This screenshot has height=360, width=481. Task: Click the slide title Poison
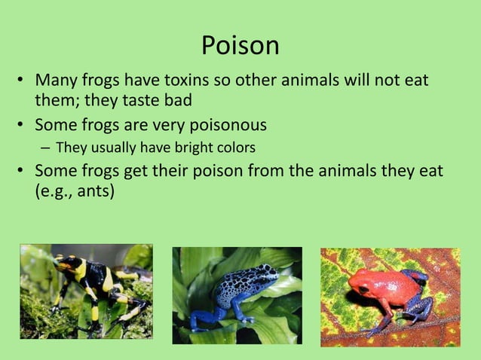(x=240, y=46)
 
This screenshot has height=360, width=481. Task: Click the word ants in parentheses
(x=90, y=191)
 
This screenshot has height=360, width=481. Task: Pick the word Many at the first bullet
(x=58, y=80)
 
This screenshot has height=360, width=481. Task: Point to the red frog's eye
(x=364, y=288)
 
